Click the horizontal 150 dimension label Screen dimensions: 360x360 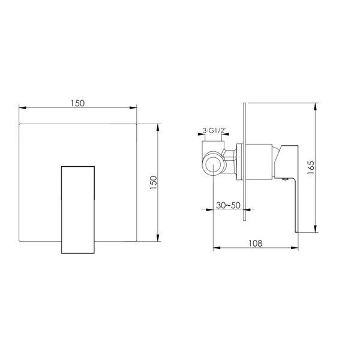(77, 103)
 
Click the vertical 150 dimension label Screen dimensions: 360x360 (153, 182)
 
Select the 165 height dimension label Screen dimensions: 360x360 (311, 167)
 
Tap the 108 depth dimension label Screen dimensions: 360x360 (256, 243)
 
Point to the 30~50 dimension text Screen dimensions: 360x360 (228, 205)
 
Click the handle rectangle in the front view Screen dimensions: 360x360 (78, 210)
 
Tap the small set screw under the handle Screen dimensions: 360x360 (285, 179)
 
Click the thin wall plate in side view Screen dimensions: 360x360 (244, 161)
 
